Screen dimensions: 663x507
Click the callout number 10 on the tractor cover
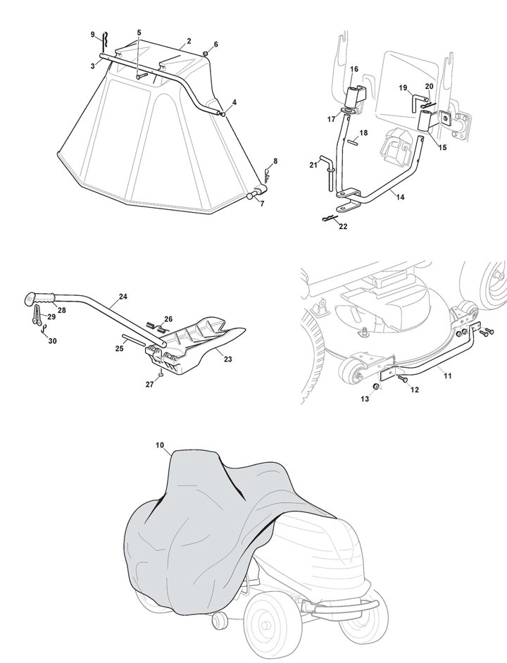click(x=160, y=445)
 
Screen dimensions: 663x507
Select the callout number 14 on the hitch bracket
click(x=400, y=198)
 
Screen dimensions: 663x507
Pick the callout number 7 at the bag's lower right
click(x=261, y=204)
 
